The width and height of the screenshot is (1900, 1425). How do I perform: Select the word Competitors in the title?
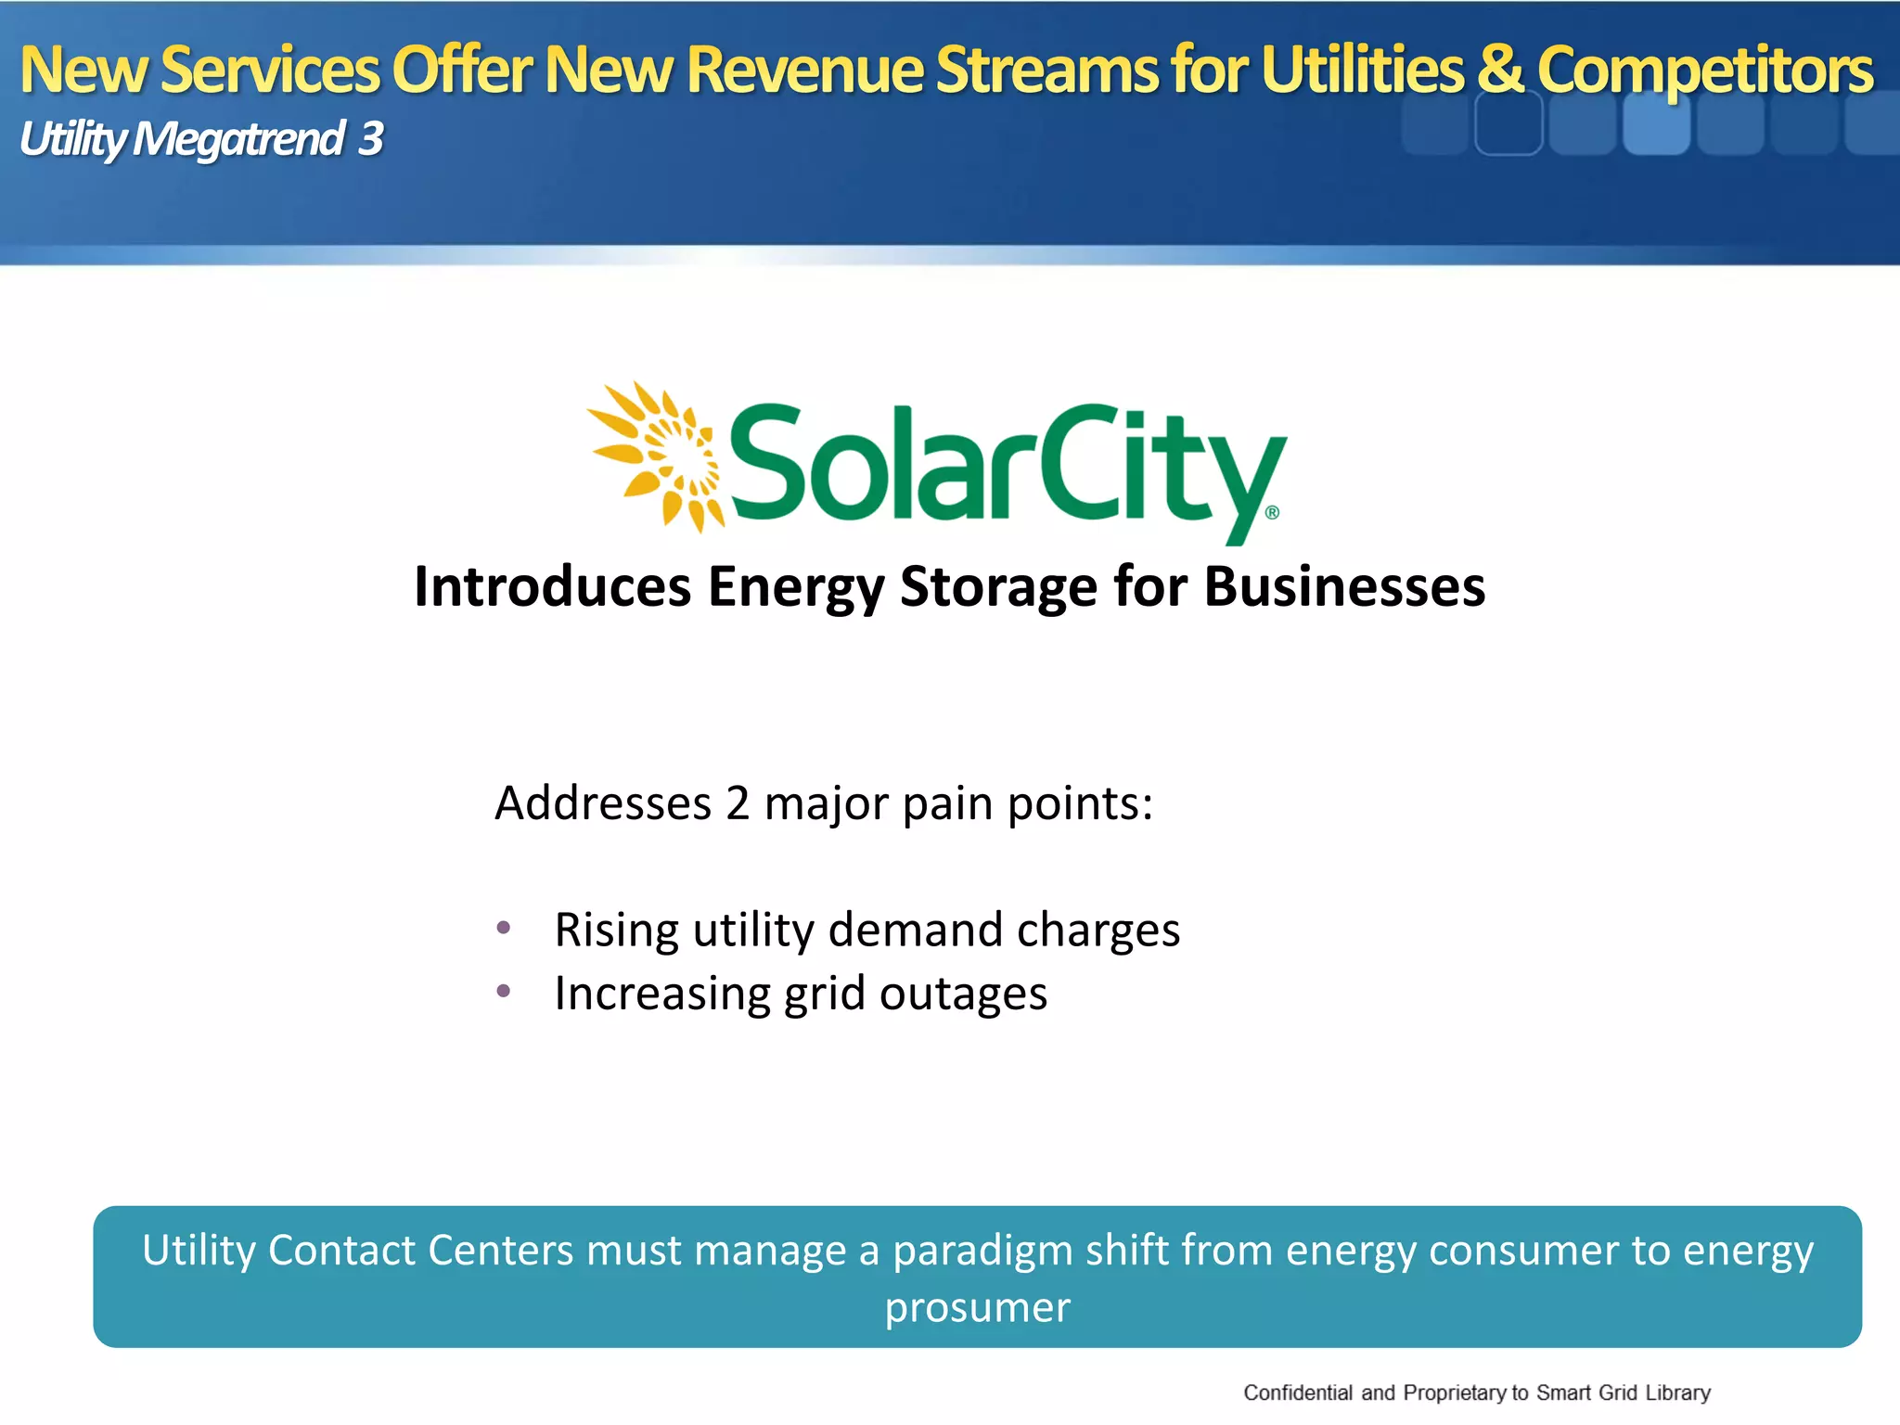tap(1705, 71)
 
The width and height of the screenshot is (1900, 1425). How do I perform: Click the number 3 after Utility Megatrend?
tap(371, 139)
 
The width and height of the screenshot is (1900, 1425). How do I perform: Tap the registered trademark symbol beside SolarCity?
tap(1272, 512)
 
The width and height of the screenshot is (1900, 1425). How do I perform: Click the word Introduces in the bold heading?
tap(552, 587)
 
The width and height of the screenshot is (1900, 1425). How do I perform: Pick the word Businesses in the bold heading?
tap(1344, 587)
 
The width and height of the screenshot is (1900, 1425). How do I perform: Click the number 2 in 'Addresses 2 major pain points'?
tap(737, 803)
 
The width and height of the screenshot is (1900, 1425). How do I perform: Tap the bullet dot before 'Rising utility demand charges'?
tap(504, 927)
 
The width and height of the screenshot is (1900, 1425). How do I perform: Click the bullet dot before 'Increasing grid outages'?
tap(504, 991)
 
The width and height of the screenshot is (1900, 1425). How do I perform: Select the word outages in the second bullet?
tap(963, 995)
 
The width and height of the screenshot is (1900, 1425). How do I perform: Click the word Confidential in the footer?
tap(1297, 1393)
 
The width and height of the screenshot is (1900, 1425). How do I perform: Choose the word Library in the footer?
tap(1677, 1393)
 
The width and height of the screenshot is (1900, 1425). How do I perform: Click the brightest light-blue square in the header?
tap(1655, 125)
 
